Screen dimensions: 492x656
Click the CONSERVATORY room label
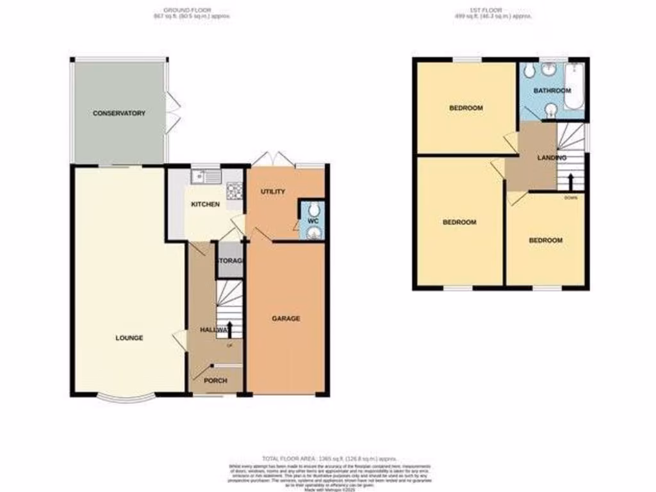[x=119, y=113]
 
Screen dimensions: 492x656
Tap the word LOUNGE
[x=129, y=338]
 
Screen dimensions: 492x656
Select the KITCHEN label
[x=205, y=204]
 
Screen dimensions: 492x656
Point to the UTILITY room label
[x=272, y=192]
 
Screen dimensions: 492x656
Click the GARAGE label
[x=286, y=318]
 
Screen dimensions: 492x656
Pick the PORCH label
[x=215, y=381]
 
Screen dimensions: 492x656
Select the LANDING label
[x=552, y=157]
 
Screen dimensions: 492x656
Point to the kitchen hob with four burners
[x=234, y=189]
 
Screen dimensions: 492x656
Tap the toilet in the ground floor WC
[x=313, y=210]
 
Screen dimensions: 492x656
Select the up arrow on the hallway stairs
[x=229, y=330]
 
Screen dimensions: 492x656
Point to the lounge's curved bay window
[x=126, y=398]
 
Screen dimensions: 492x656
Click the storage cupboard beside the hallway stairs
[x=229, y=261]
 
